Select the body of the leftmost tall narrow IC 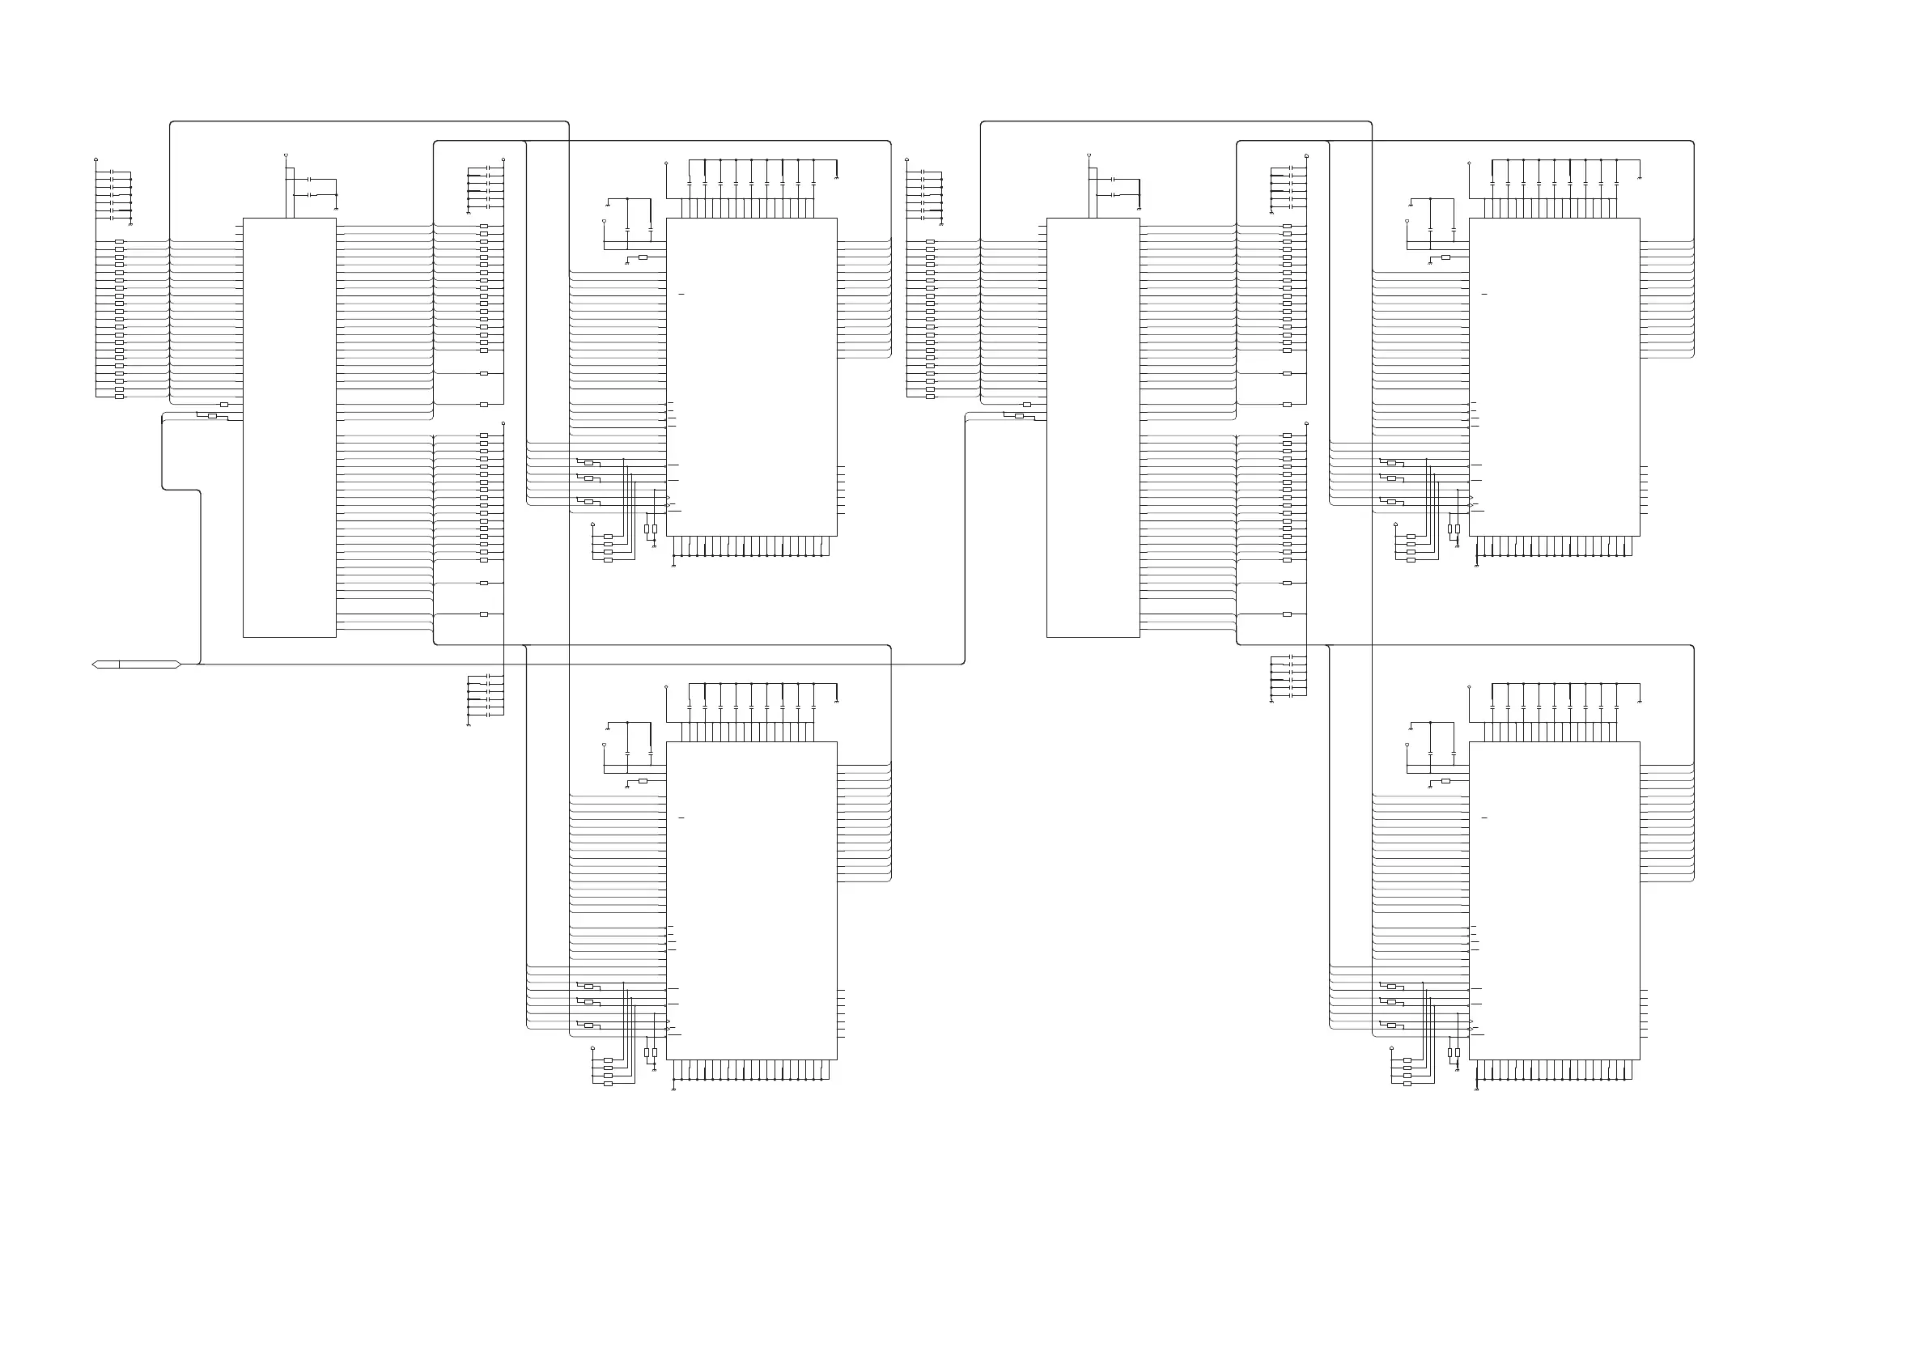[x=290, y=427]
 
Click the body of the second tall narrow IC [x=1093, y=427]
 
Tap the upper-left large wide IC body [x=751, y=377]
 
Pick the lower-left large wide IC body [x=751, y=901]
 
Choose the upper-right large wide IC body [x=1555, y=377]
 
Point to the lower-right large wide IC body [x=1555, y=901]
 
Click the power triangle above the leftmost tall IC [x=287, y=155]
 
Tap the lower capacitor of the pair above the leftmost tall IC [x=310, y=195]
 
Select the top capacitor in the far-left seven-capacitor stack [x=112, y=172]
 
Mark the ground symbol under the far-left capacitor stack [x=130, y=225]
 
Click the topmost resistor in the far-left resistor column [x=119, y=242]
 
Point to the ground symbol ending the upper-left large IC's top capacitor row [x=837, y=178]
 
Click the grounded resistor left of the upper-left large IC [x=643, y=257]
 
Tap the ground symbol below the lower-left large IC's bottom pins [x=674, y=1089]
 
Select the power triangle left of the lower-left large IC [x=605, y=745]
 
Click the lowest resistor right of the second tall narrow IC [x=1287, y=614]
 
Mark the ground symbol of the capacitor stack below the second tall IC [x=1271, y=702]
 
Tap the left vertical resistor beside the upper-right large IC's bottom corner [x=1449, y=529]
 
